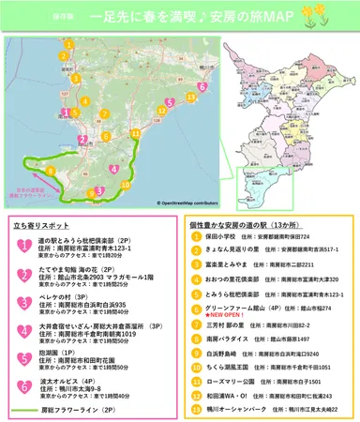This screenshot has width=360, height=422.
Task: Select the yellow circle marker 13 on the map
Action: (x=191, y=96)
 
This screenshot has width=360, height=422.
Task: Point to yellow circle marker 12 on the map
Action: (x=163, y=110)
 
